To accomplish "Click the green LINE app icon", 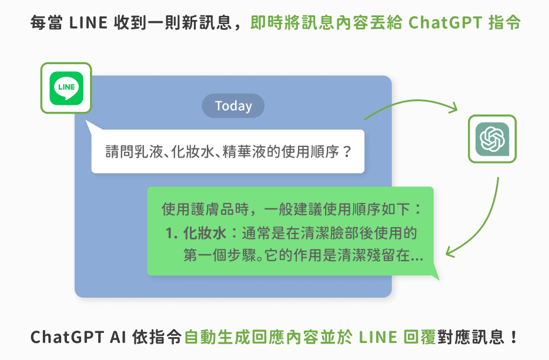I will click(x=66, y=88).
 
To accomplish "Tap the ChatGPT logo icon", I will click(x=492, y=139).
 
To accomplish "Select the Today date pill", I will click(x=233, y=106).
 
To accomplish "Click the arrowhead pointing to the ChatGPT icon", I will click(x=453, y=109).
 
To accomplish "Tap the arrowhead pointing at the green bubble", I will click(x=450, y=252).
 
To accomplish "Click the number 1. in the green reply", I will click(x=172, y=234).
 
